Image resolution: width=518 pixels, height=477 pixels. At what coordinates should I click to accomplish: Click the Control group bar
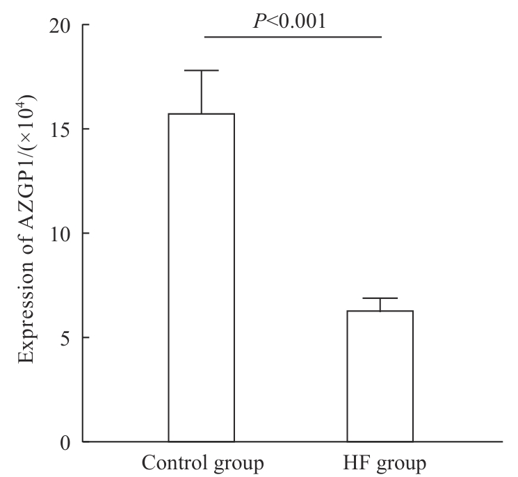point(201,278)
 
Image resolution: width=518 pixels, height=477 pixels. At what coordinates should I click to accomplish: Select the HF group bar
point(380,376)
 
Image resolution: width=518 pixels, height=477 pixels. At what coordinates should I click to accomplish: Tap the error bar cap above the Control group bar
point(202,70)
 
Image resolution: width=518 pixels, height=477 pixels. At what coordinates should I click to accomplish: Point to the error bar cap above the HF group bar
point(380,298)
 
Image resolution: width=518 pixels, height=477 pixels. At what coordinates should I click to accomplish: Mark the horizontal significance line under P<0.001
point(293,37)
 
